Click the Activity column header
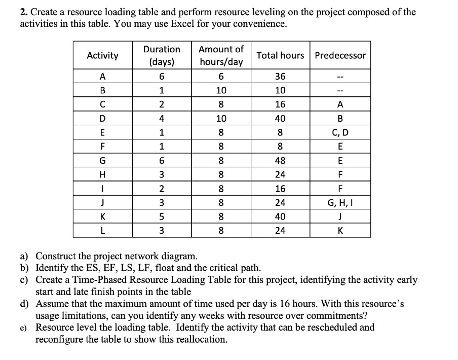(x=103, y=55)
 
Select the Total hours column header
(x=280, y=55)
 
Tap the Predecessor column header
(x=340, y=55)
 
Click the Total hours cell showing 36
(x=280, y=77)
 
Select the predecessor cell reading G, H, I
(x=340, y=203)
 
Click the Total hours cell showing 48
(x=280, y=161)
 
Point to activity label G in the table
(x=103, y=161)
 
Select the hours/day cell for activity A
(x=221, y=77)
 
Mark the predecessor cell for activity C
(x=340, y=104)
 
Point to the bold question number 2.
(x=23, y=12)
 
